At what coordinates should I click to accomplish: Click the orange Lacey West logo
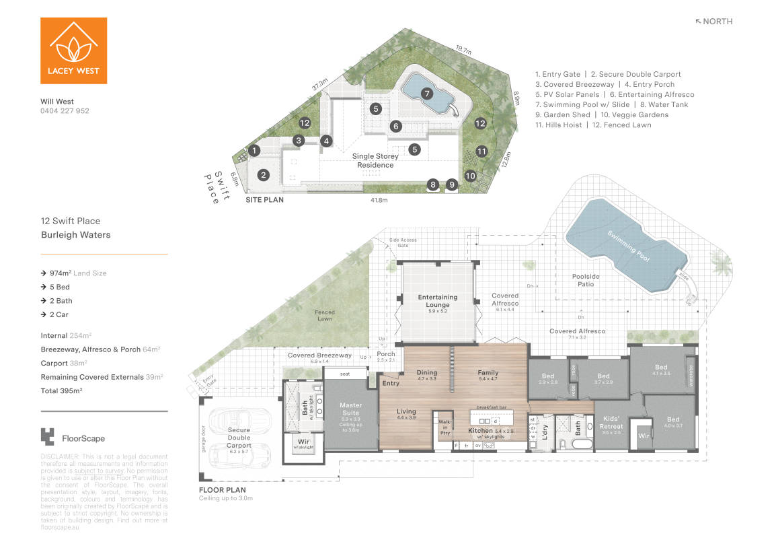[x=73, y=50]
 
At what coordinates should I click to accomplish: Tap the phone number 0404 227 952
[x=65, y=111]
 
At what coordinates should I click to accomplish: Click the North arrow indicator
[x=713, y=22]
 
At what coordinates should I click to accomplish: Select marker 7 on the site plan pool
[x=426, y=94]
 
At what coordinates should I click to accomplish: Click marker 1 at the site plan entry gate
[x=255, y=151]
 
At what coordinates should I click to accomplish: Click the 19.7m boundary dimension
[x=463, y=49]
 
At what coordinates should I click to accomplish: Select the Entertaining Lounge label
[x=437, y=301]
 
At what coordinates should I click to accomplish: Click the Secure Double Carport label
[x=239, y=438]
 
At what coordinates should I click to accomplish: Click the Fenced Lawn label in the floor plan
[x=325, y=315]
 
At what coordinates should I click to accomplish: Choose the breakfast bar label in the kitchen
[x=491, y=407]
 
